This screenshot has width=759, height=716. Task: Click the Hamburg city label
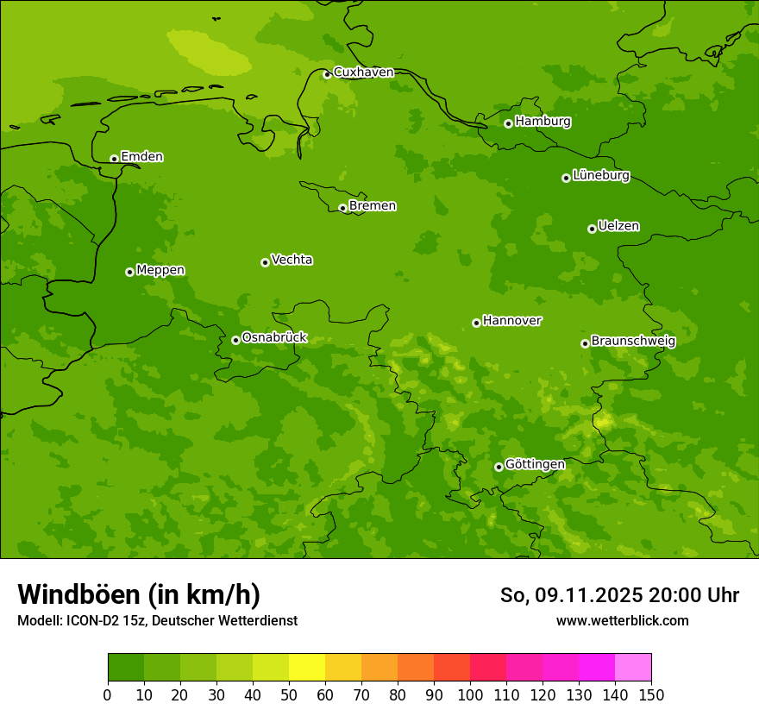click(543, 122)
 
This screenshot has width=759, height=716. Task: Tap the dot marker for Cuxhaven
click(327, 74)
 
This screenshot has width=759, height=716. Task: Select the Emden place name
click(141, 157)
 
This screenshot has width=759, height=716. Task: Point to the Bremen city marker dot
click(342, 208)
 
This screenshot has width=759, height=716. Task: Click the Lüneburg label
click(600, 176)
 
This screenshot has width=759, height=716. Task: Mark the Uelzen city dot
click(592, 229)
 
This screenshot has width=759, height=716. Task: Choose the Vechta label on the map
click(292, 260)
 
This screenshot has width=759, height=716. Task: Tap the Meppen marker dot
click(129, 272)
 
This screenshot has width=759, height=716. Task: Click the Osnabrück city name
click(274, 338)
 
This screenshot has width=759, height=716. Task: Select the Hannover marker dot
click(476, 323)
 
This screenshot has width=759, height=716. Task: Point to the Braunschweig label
click(633, 342)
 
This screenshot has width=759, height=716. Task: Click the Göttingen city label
click(535, 465)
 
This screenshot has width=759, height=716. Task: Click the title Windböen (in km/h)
click(139, 594)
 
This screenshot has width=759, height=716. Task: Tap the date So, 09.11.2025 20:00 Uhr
click(619, 595)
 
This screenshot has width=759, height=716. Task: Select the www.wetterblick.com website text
click(622, 621)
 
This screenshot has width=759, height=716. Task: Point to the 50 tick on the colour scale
click(289, 694)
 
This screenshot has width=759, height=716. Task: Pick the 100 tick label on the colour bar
click(470, 694)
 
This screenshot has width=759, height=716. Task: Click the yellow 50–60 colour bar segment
click(307, 667)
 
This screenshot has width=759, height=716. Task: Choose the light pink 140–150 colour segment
click(633, 667)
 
